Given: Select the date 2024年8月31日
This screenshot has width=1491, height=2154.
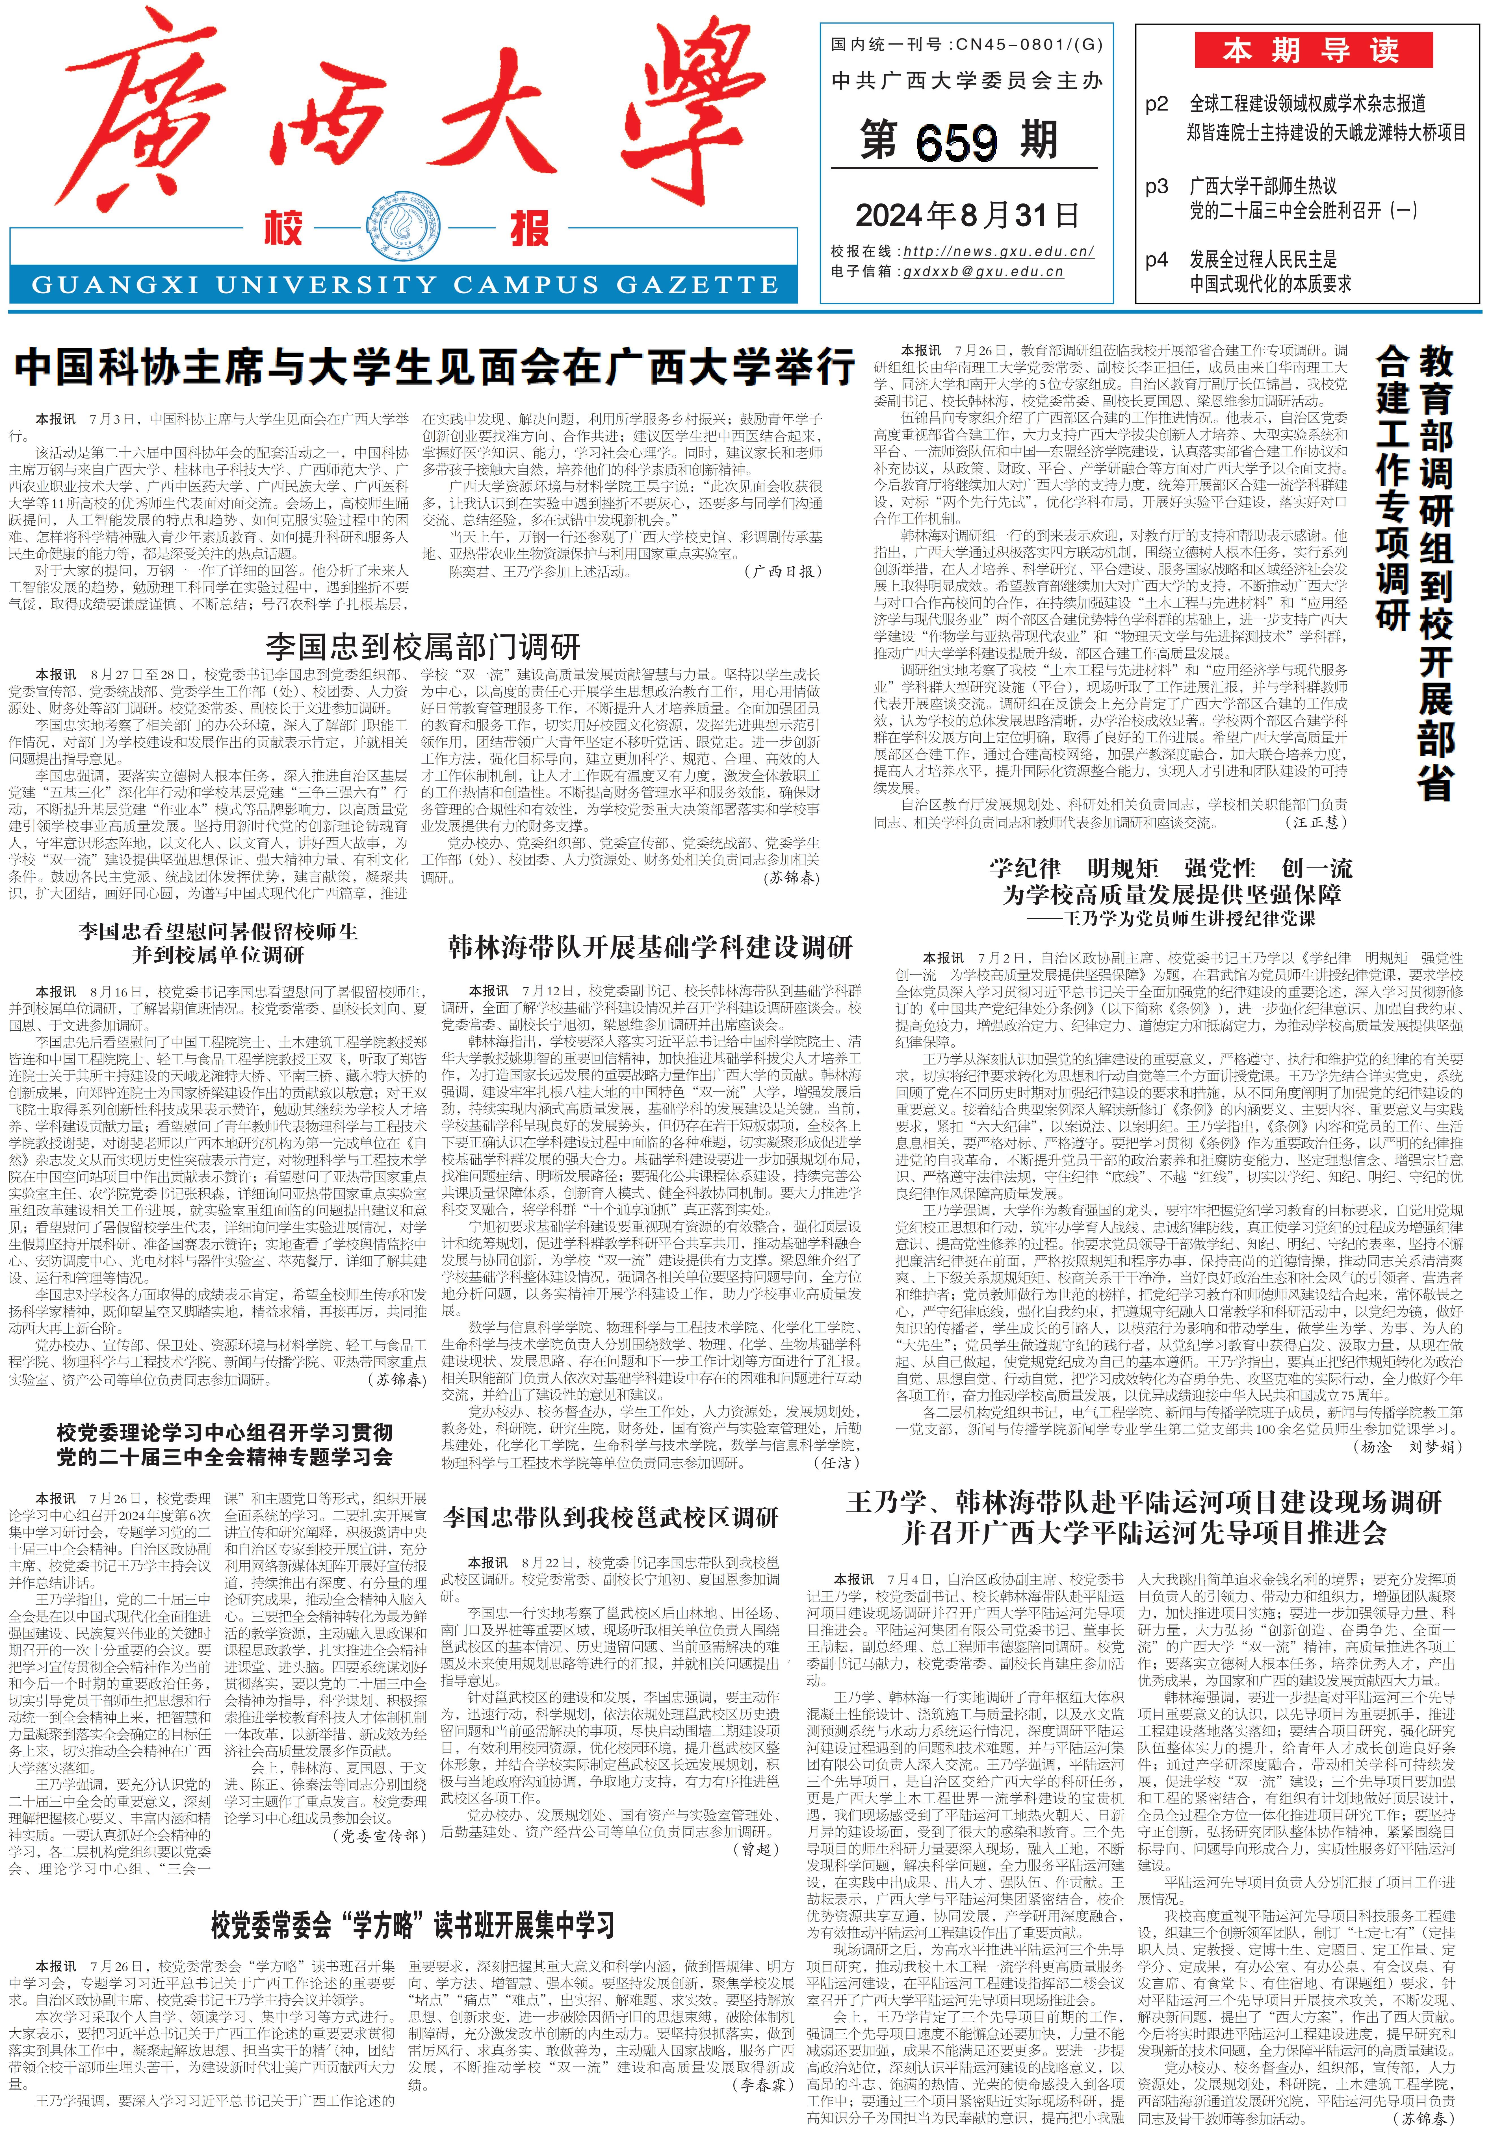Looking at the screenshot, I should pos(967,216).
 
